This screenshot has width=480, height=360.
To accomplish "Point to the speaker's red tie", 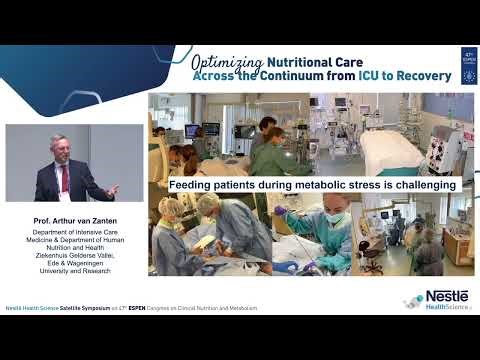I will tap(65, 178).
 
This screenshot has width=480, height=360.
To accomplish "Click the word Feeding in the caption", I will tap(190, 185).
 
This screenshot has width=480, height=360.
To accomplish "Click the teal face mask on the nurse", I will tap(334, 219).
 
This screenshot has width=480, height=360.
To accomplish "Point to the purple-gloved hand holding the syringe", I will tap(285, 213).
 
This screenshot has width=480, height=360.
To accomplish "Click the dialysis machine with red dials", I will tap(441, 145).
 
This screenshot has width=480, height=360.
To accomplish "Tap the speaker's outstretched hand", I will tap(111, 188).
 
